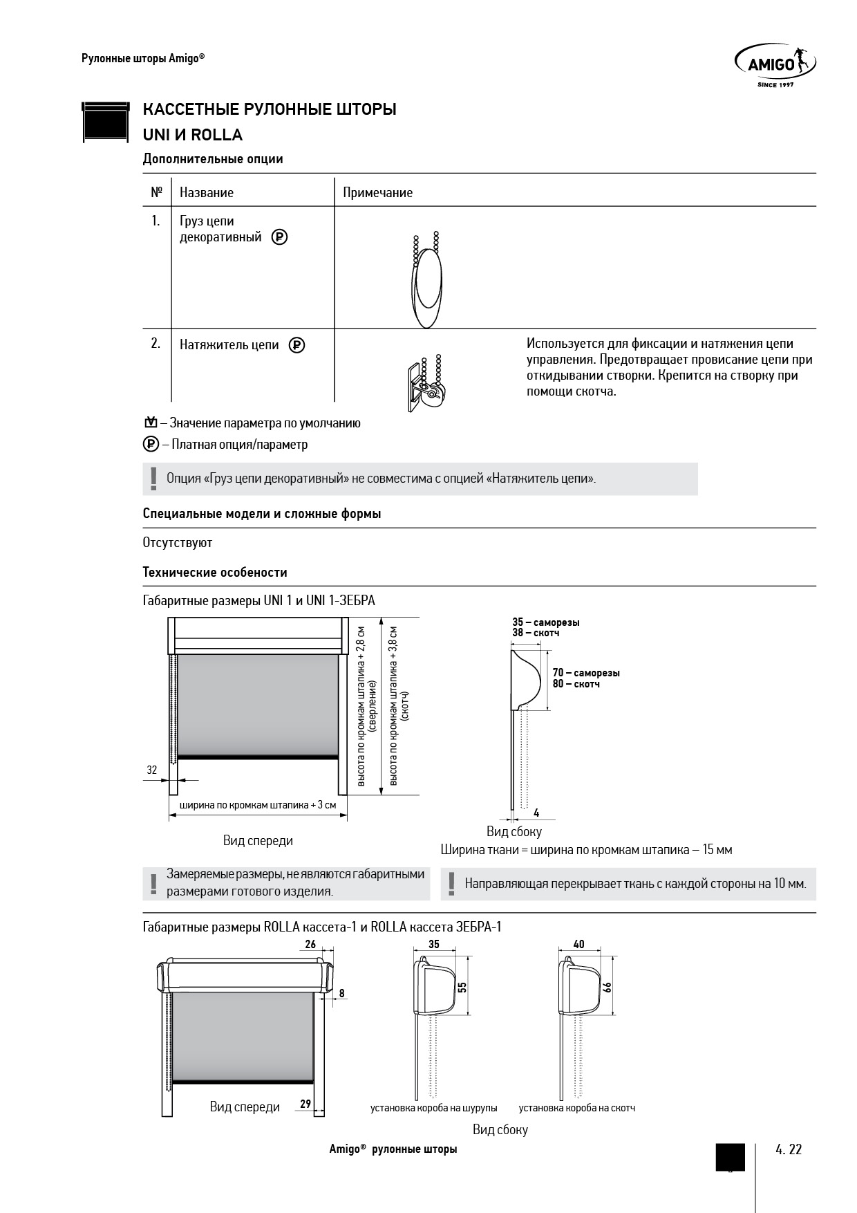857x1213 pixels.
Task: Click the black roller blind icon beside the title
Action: pyautogui.click(x=106, y=122)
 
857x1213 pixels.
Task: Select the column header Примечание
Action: pyautogui.click(x=377, y=193)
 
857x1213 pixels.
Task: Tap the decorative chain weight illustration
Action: pyautogui.click(x=426, y=283)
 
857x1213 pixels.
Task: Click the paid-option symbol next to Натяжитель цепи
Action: pyautogui.click(x=296, y=344)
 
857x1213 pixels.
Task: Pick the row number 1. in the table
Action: pyautogui.click(x=156, y=221)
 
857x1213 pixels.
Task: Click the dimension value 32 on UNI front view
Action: pyautogui.click(x=152, y=770)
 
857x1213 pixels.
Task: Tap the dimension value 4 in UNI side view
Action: pyautogui.click(x=536, y=813)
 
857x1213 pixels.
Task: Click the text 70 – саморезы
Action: pyautogui.click(x=586, y=673)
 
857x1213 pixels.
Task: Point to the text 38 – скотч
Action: pyautogui.click(x=536, y=633)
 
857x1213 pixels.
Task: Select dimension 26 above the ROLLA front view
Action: pyautogui.click(x=310, y=945)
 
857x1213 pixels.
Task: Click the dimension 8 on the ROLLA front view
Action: pyautogui.click(x=341, y=993)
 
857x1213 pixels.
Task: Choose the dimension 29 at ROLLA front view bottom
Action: pyautogui.click(x=305, y=1104)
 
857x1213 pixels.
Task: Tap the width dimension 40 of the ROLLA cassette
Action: pyautogui.click(x=579, y=945)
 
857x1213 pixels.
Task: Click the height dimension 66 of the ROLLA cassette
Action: pyautogui.click(x=608, y=987)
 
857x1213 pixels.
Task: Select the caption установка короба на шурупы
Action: pyautogui.click(x=433, y=1107)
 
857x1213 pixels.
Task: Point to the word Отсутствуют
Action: pyautogui.click(x=178, y=543)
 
